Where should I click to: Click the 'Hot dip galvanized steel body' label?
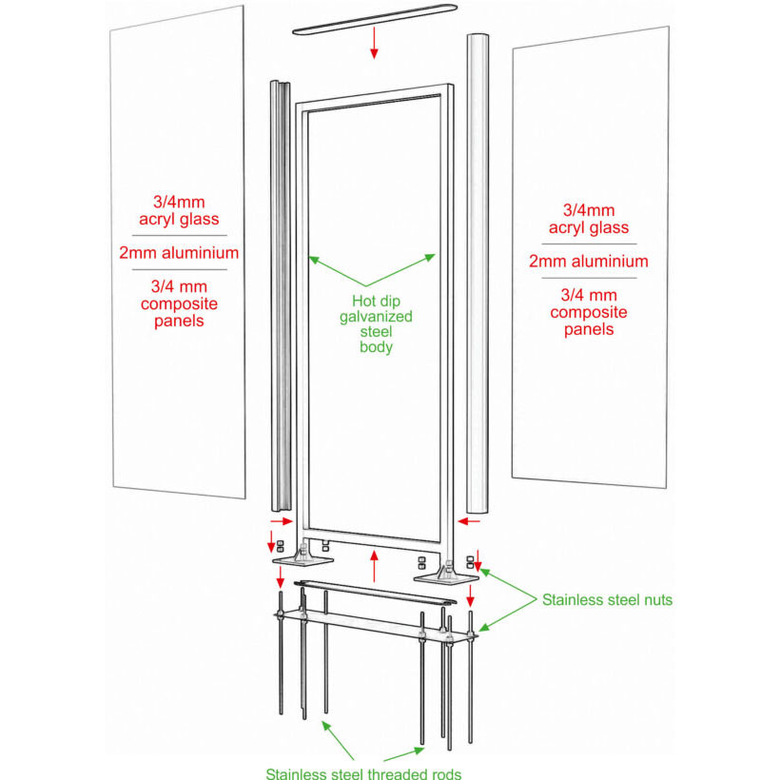coord(376,323)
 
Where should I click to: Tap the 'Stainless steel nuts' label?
coord(607,600)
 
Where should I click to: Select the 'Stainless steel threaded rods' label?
coord(363,773)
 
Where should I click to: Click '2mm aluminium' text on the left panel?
coord(179,253)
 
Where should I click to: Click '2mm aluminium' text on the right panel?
coord(589,262)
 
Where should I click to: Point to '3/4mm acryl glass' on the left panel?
coord(179,210)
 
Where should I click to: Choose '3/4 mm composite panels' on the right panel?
coord(589,312)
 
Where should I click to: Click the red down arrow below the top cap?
coord(374,43)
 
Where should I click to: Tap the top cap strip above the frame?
coord(375,19)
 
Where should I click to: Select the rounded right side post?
coord(478,274)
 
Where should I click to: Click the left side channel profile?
coord(281,296)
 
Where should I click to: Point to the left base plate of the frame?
coord(302,560)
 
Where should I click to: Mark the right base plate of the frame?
coord(446,578)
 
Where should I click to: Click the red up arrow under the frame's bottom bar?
coord(374,566)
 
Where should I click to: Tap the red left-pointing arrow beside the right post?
coord(469,521)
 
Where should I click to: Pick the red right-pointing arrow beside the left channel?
coord(281,521)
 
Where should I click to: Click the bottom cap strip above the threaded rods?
coord(375,592)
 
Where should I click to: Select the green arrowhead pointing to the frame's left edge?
coord(313,260)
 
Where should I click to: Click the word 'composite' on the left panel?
coord(179,303)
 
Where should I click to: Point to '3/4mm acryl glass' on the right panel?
coord(589,219)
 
